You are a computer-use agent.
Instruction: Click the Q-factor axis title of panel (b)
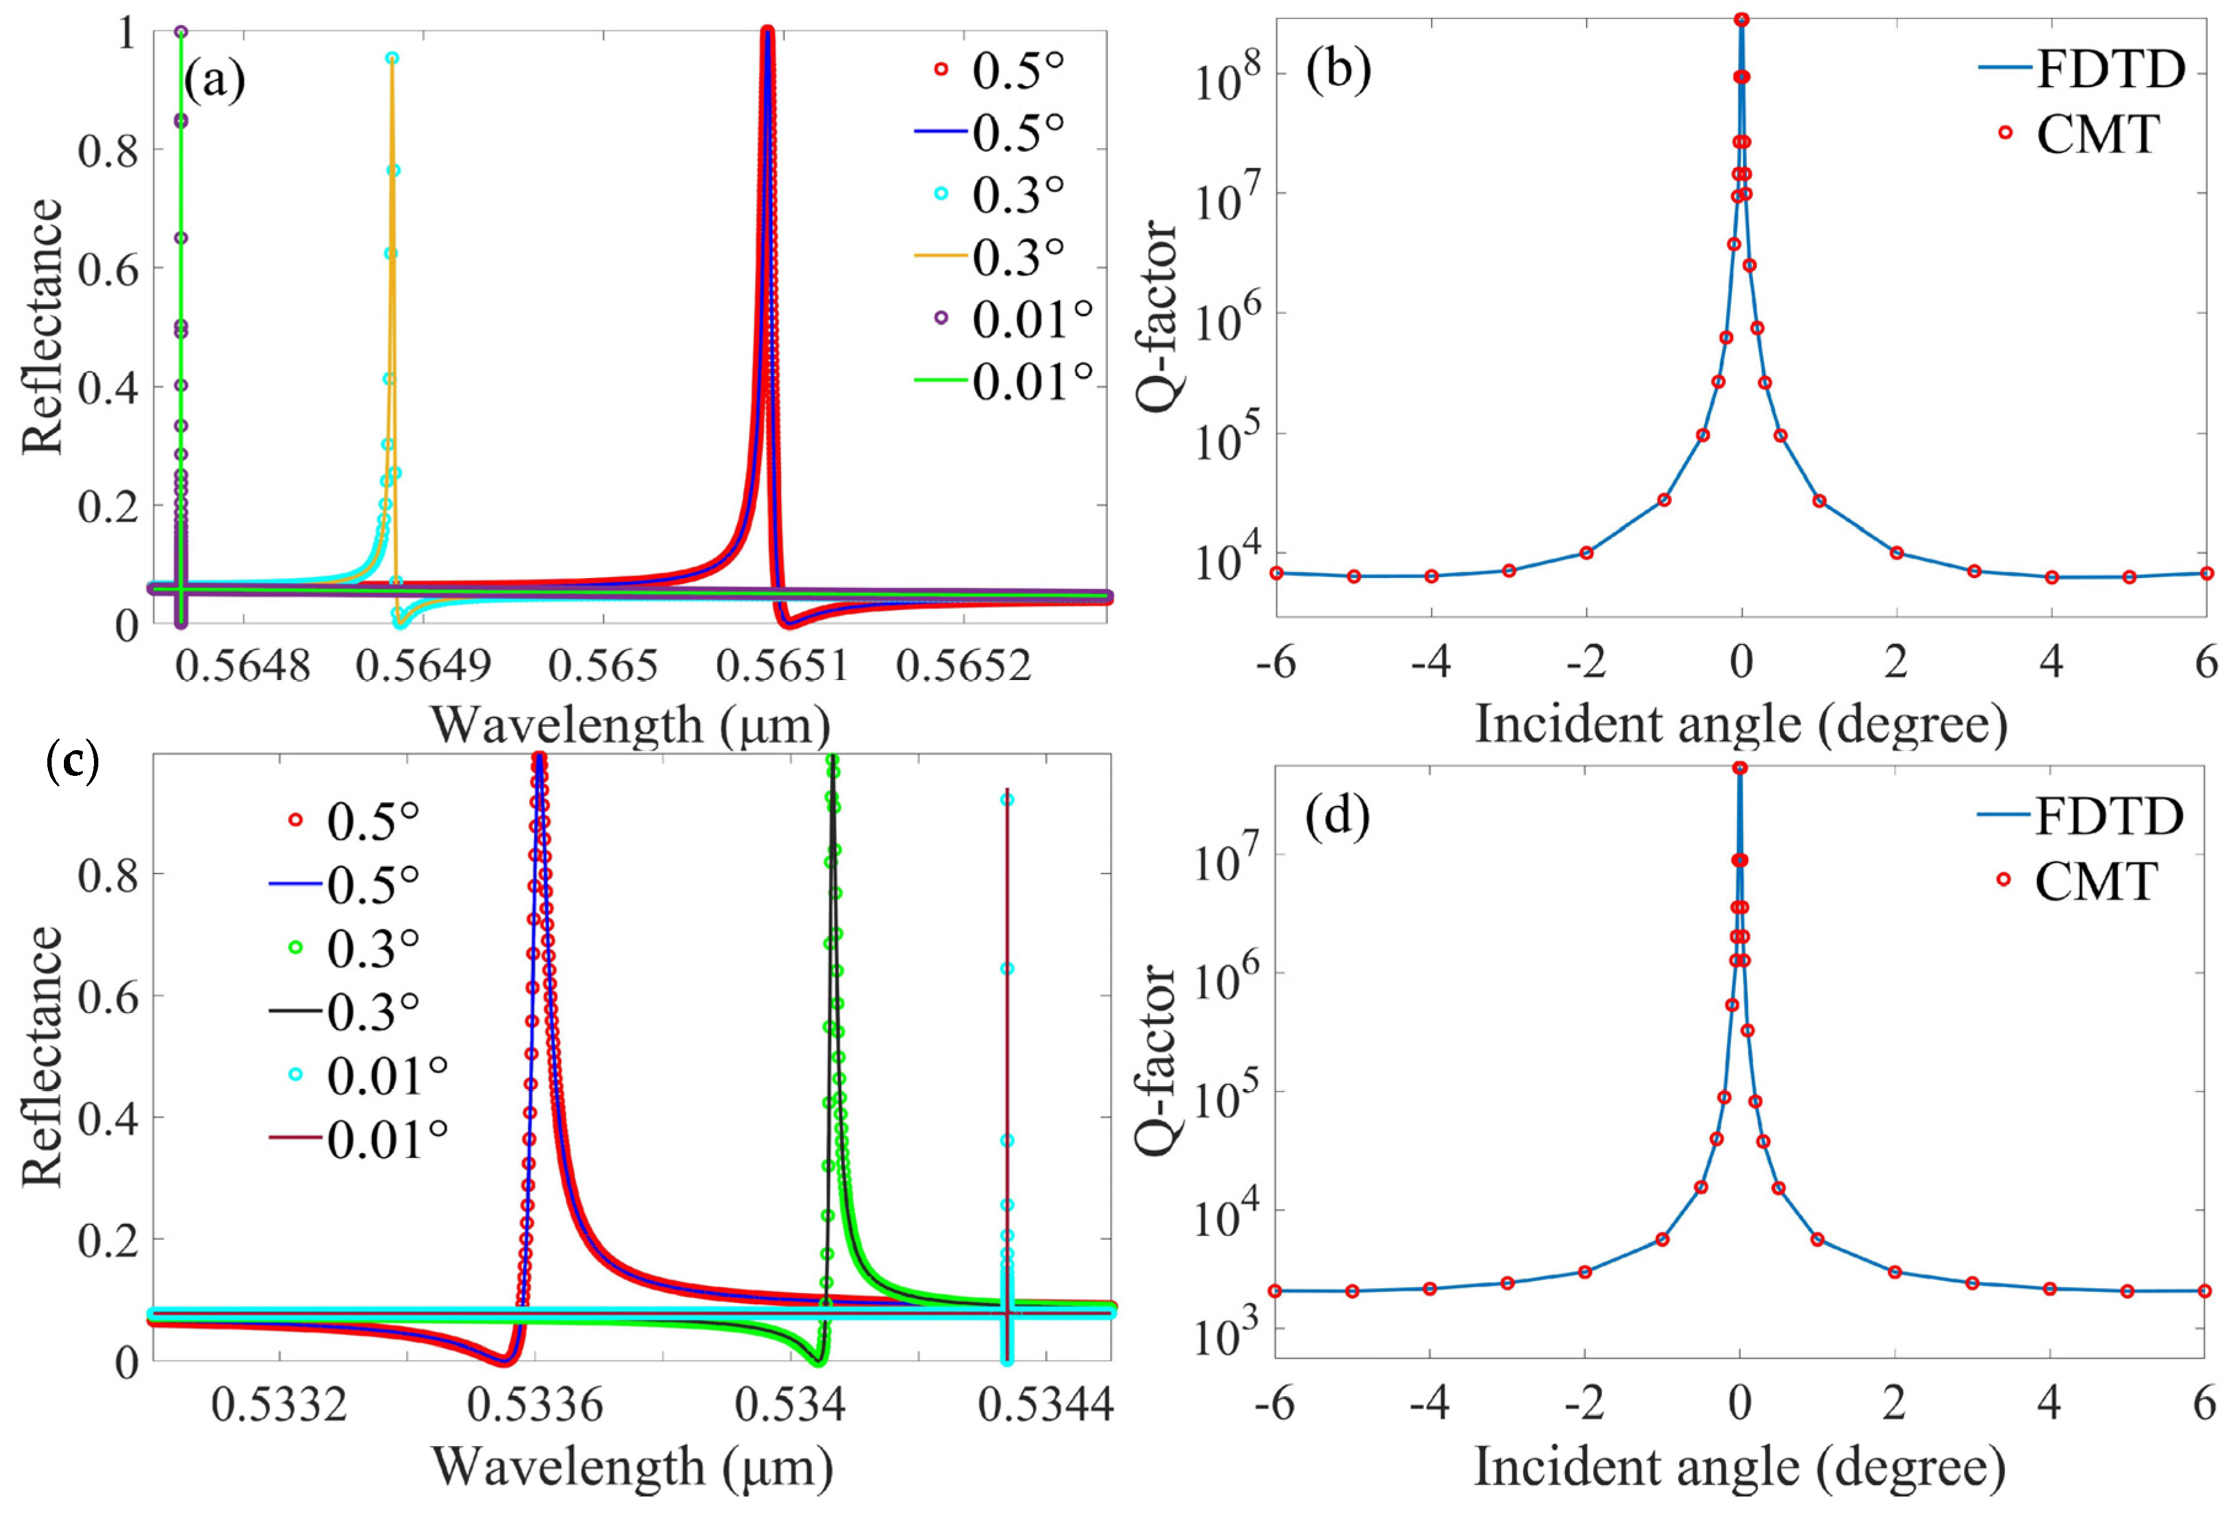(x=1156, y=318)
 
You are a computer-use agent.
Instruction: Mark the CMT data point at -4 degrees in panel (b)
(x=1432, y=576)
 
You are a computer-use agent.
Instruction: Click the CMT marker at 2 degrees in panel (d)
(x=1894, y=1272)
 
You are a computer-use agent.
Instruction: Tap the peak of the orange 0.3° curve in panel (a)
(x=392, y=60)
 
